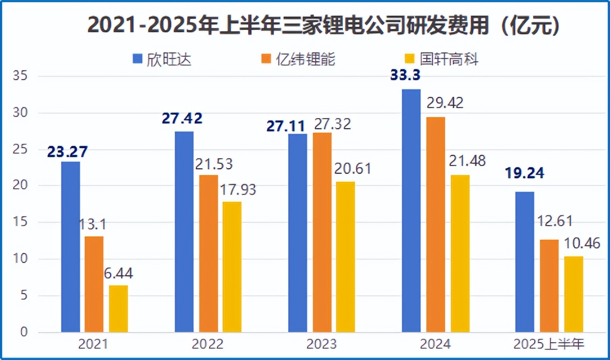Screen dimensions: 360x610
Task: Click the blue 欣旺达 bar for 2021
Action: point(71,247)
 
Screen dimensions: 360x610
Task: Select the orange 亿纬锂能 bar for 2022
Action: point(208,254)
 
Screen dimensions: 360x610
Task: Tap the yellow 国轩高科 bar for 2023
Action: point(346,257)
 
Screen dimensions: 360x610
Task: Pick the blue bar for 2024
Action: point(411,211)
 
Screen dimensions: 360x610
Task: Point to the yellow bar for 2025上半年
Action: point(573,294)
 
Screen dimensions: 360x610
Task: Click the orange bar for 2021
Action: point(94,284)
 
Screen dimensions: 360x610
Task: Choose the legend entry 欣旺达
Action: point(162,59)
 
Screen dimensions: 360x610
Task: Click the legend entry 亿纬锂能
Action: point(298,59)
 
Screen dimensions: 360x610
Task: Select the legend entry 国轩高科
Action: point(441,59)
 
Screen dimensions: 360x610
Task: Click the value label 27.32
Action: point(332,124)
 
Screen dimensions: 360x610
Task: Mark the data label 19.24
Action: point(524,173)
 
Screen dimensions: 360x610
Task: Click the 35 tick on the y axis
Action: point(20,76)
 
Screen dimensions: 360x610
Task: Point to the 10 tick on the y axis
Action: point(20,259)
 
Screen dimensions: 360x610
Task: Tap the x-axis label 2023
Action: point(321,344)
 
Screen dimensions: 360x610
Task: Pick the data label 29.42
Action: point(445,103)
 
